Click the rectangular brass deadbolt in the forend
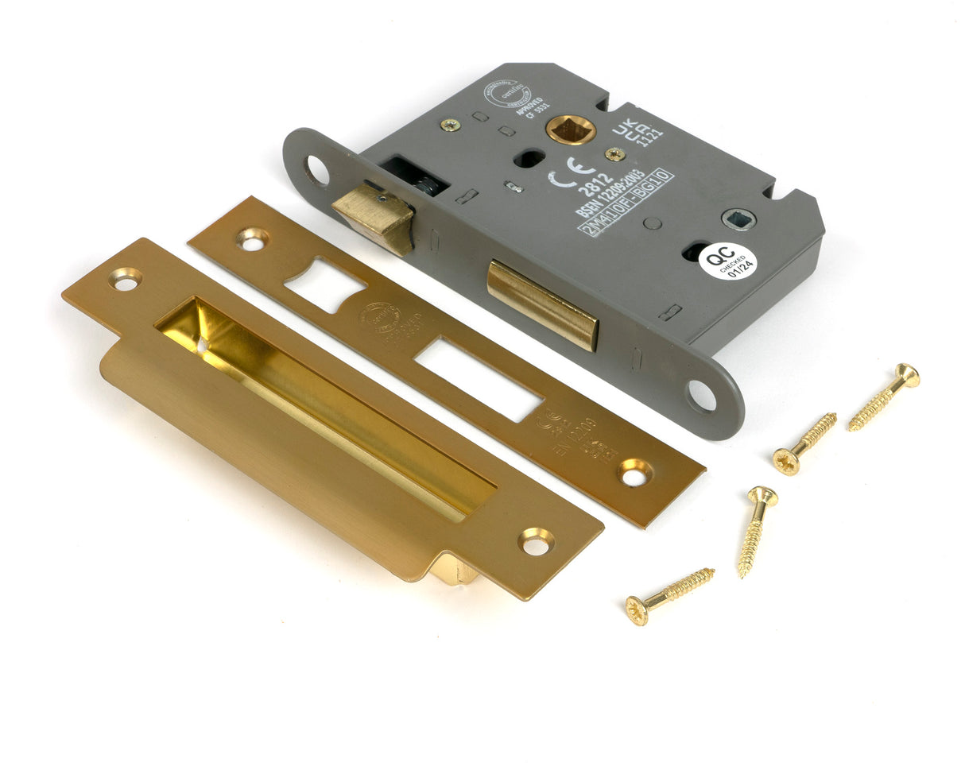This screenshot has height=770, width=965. click(543, 304)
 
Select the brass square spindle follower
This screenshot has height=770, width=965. click(570, 129)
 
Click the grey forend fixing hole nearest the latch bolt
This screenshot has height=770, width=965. click(316, 170)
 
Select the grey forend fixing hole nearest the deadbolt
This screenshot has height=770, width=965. click(701, 396)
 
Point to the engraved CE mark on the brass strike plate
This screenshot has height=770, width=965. click(548, 419)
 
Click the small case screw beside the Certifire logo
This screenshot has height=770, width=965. click(451, 125)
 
